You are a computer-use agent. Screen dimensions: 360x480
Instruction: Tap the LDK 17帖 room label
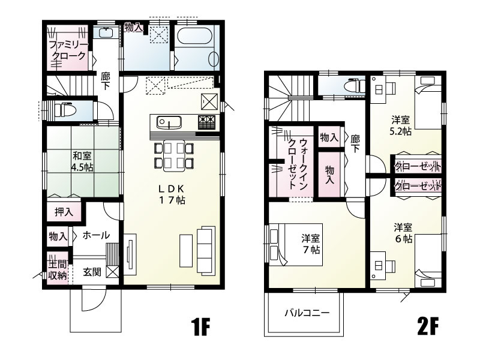tap(172, 195)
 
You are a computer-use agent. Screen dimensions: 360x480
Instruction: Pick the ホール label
tap(96, 235)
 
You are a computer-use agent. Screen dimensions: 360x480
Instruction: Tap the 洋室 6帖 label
tap(403, 233)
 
